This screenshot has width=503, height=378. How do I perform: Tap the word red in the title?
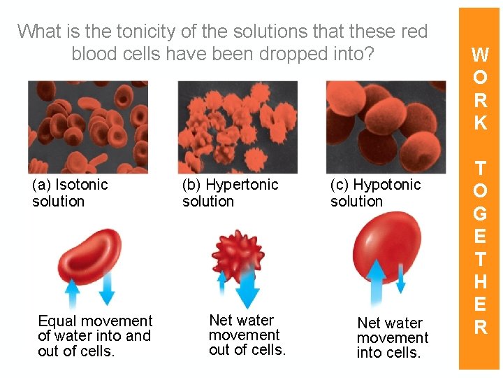412,31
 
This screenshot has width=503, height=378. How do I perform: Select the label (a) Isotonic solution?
70,193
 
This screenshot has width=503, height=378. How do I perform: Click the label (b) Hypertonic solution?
230,193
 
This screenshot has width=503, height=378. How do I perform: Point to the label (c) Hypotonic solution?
375,193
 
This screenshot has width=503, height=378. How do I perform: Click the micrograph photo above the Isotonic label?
88,126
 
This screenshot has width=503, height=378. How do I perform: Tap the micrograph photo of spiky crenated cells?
238,127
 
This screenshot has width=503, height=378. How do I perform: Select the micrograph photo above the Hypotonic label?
386,127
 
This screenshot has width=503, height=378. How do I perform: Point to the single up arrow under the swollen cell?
377,283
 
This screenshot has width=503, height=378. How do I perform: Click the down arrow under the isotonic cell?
108,288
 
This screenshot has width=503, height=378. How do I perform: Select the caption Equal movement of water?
95,336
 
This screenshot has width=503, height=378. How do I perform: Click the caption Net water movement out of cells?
247,335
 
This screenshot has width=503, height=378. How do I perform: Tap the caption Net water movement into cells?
392,337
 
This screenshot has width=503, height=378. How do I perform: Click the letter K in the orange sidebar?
480,123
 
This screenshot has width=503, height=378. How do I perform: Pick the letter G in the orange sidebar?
480,213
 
